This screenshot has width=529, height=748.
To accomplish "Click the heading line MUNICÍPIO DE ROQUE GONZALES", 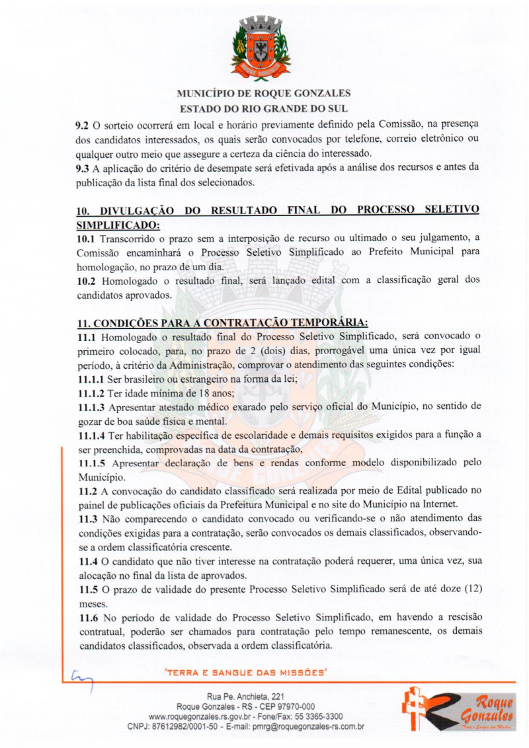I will (264, 94).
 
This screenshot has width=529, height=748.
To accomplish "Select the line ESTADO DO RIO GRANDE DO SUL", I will (264, 108).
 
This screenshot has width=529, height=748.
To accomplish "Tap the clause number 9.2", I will (83, 124).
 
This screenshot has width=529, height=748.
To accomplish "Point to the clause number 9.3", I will (83, 167).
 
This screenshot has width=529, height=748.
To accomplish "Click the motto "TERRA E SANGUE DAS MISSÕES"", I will (247, 673).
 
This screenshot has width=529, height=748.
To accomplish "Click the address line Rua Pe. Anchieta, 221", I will (246, 696).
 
